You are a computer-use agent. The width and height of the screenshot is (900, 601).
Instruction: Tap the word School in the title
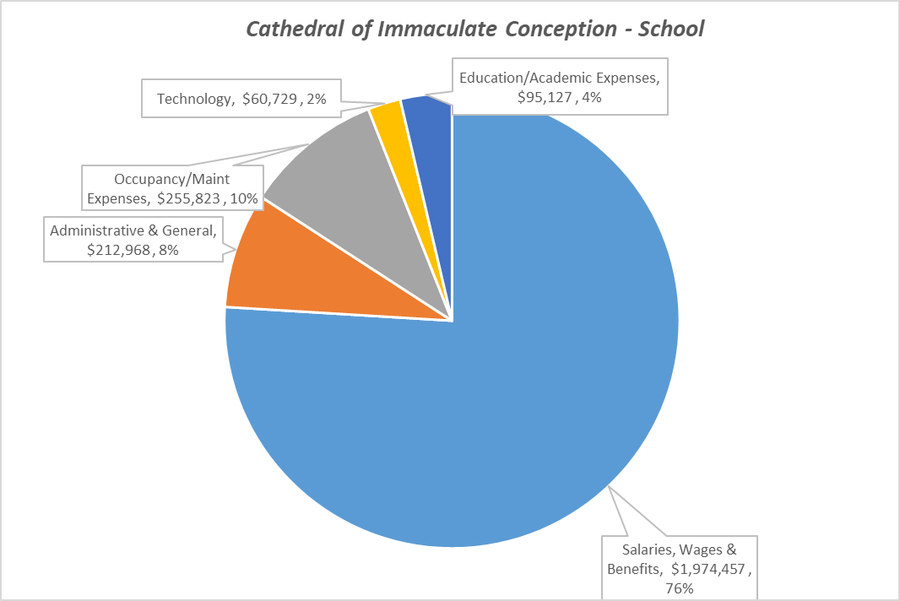point(673,29)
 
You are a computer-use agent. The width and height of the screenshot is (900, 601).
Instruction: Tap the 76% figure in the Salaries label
point(680,588)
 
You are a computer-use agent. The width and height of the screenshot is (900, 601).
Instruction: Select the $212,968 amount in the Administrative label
point(117,250)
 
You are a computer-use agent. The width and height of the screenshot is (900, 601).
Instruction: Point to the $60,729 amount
point(271,100)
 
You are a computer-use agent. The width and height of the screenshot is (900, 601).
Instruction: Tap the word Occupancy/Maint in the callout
point(172,179)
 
